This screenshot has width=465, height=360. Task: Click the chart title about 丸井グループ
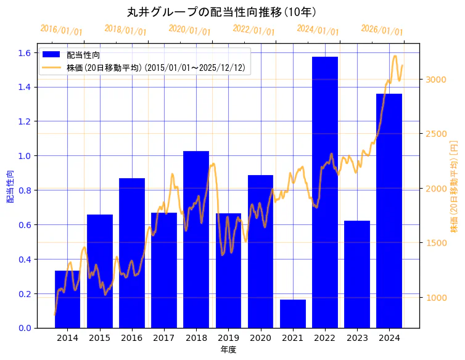(x=221, y=12)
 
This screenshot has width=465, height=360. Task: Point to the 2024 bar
(x=389, y=210)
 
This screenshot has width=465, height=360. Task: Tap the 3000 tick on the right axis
(x=435, y=80)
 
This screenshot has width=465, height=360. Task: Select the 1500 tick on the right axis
(x=435, y=243)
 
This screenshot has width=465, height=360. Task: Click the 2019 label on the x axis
(x=228, y=338)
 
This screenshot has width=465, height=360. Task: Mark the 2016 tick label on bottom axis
(x=132, y=338)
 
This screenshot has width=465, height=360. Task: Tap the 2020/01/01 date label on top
(x=189, y=30)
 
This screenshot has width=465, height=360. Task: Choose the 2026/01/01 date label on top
(x=382, y=30)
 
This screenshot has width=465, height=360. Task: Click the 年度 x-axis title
(x=228, y=350)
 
